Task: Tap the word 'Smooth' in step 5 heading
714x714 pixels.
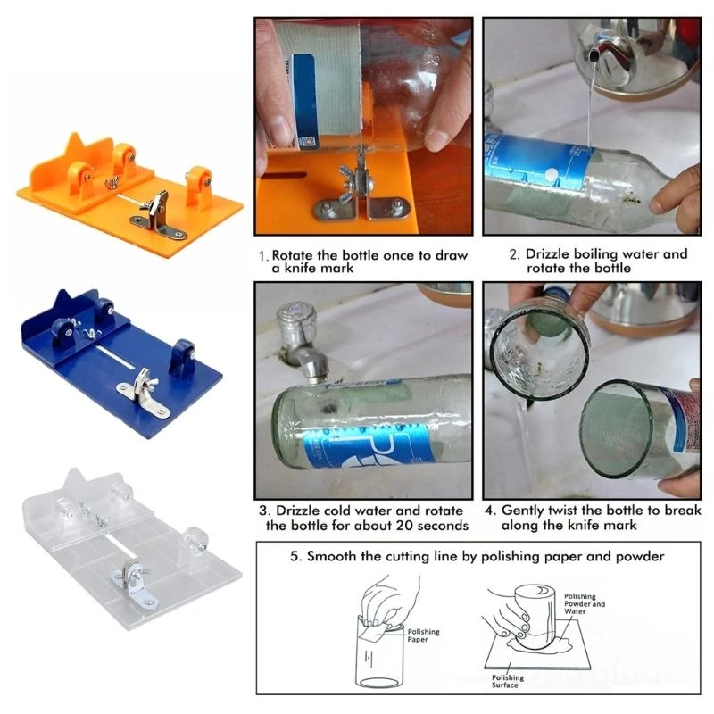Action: pos(336,556)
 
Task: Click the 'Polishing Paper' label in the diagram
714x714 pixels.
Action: pos(424,636)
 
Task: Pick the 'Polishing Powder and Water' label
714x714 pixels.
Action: pos(585,604)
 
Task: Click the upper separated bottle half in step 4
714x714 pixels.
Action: pos(539,348)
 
